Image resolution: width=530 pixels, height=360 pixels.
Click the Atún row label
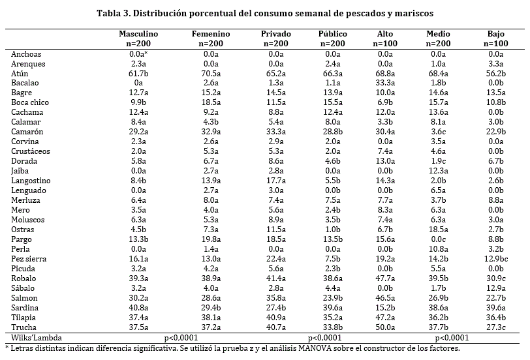point(20,74)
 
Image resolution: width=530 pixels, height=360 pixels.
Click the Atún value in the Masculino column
point(138,74)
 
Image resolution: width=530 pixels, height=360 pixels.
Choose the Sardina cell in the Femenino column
point(211,307)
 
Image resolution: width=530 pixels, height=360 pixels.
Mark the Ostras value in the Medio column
point(439,230)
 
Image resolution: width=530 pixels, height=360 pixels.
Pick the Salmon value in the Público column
point(333,297)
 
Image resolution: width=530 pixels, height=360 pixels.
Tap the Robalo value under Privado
point(275,278)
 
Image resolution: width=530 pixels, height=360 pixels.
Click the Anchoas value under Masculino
point(138,54)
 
